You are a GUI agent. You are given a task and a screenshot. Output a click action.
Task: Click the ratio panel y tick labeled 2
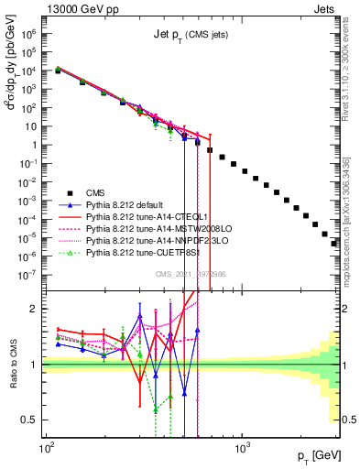pyautogui.click(x=35, y=309)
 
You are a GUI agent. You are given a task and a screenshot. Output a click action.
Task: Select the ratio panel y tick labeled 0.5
pyautogui.click(x=31, y=420)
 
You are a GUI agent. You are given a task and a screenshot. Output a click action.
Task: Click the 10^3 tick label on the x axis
pyautogui.click(x=242, y=450)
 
